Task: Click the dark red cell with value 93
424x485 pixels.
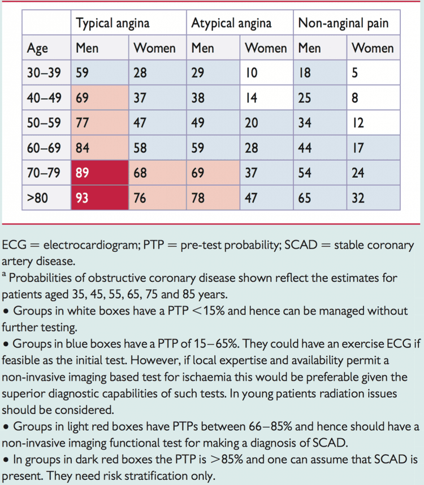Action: point(100,198)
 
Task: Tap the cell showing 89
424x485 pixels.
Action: point(100,173)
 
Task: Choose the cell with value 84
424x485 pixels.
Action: point(100,148)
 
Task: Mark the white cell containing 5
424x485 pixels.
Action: point(374,72)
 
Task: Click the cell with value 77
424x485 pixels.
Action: point(100,123)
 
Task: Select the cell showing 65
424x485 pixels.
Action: point(320,198)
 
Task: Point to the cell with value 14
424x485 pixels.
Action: point(267,98)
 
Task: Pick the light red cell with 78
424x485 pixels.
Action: point(213,198)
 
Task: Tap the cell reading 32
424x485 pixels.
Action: point(374,198)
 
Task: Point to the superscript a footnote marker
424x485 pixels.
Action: point(4,274)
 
